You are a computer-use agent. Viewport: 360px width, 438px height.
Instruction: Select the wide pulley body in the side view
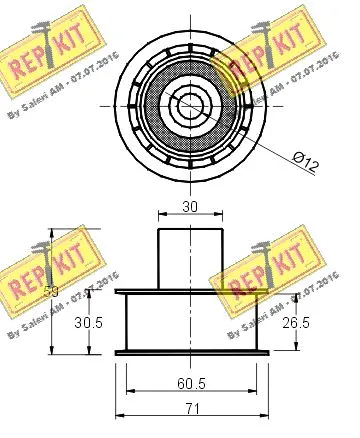coord(190,321)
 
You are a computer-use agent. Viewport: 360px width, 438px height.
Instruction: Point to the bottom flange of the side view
coord(190,352)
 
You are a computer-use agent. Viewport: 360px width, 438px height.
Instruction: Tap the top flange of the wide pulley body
coord(190,292)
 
